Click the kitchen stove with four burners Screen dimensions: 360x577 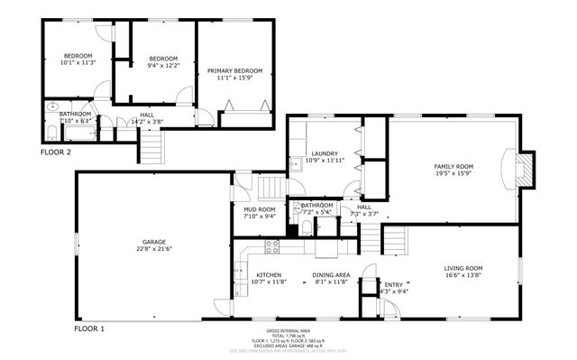(x=272, y=246)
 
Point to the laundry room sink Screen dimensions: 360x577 (x=295, y=164)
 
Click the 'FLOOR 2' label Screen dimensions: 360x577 (x=55, y=152)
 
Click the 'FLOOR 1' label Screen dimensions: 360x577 (x=89, y=329)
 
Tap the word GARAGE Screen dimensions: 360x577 (x=153, y=241)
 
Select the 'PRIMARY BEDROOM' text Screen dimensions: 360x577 (x=234, y=70)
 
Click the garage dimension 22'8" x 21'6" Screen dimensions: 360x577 (x=153, y=249)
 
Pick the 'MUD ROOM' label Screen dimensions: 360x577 (x=259, y=209)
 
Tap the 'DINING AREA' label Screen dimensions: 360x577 (x=332, y=274)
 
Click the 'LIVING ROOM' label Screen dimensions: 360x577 (x=463, y=268)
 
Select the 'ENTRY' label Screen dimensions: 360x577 (x=394, y=284)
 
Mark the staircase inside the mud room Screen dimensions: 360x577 (x=270, y=189)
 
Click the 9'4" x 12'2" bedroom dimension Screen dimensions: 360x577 (x=164, y=65)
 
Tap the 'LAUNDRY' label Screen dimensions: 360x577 (x=325, y=154)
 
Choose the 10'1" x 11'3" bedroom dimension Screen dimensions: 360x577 (x=77, y=63)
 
